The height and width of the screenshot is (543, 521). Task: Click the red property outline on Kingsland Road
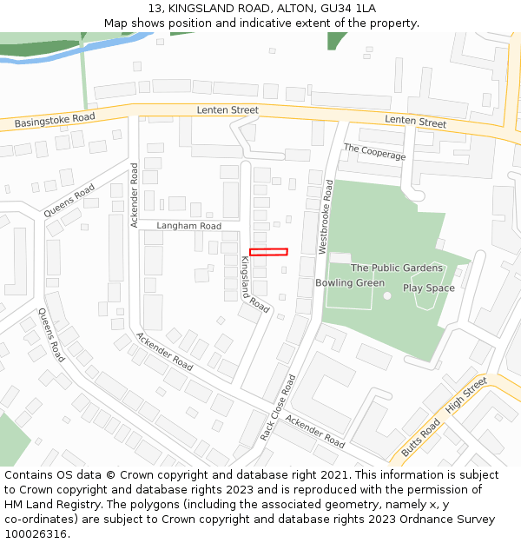[x=268, y=252]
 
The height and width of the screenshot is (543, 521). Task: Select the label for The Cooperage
[x=374, y=151]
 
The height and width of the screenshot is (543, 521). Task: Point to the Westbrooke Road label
[x=325, y=217]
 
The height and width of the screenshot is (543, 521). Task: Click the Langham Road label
[x=188, y=226]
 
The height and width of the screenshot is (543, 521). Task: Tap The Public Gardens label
[x=397, y=268]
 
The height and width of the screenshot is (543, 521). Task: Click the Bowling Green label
[x=350, y=283]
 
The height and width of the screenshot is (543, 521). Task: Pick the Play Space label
[x=428, y=288]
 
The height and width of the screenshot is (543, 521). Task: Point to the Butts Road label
[x=420, y=440]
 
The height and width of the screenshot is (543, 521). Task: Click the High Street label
[x=465, y=395]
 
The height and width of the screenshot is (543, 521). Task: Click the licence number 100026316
[x=36, y=534]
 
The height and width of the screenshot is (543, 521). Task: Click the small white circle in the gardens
[x=387, y=295]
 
